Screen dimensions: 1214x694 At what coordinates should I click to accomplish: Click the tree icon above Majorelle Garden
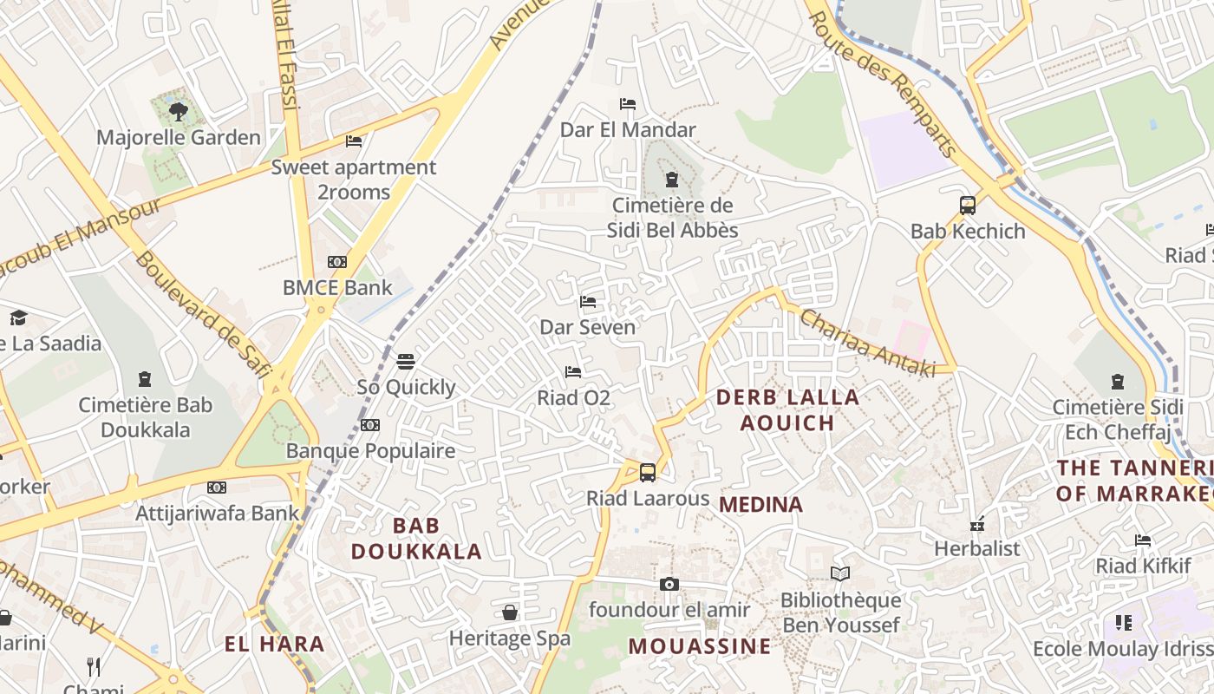179,111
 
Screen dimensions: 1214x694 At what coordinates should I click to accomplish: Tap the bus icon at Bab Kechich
968,206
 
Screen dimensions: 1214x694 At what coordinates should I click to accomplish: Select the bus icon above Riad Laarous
648,472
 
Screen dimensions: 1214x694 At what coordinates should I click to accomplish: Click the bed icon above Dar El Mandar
628,104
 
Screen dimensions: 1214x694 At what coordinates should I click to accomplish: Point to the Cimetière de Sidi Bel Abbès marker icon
671,180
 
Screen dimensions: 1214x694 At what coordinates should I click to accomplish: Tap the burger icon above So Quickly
406,361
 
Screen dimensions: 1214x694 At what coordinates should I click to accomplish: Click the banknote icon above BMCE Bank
337,261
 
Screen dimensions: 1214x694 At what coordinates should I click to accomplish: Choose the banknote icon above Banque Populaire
370,425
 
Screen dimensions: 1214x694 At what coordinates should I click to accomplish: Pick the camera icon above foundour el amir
669,584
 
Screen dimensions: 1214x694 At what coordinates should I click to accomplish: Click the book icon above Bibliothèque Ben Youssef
840,573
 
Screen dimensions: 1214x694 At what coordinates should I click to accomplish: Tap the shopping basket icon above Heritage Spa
510,612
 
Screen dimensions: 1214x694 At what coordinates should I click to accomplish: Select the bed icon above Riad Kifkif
1143,540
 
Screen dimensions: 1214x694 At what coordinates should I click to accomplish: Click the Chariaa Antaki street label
867,344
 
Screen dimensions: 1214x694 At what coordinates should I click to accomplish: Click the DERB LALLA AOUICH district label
787,410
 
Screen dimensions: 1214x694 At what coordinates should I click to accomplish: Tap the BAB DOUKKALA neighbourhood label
416,538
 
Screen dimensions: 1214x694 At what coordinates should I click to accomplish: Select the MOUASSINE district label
699,646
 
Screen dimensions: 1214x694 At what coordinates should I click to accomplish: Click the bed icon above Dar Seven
588,302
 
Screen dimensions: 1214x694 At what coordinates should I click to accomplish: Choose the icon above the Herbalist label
977,524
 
